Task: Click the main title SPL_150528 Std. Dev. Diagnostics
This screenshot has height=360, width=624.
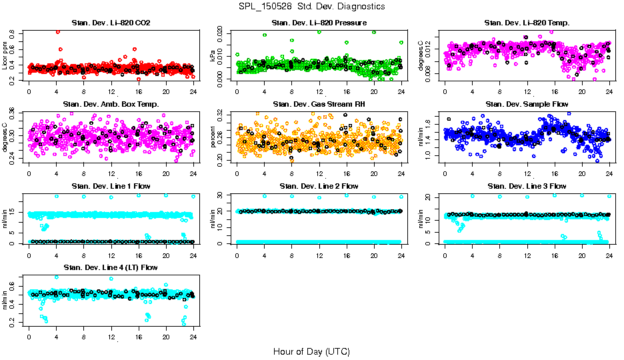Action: click(311, 7)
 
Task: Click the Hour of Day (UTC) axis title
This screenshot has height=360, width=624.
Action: click(311, 351)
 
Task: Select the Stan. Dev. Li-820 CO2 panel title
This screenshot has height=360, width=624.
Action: click(111, 23)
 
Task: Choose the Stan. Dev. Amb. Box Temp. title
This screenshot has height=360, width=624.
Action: click(111, 104)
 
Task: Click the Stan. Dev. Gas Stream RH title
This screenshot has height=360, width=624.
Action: click(319, 104)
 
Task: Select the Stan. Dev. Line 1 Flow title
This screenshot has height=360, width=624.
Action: click(111, 186)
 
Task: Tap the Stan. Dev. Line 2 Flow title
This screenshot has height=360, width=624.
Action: click(319, 186)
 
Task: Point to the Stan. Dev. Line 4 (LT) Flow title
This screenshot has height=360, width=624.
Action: click(111, 267)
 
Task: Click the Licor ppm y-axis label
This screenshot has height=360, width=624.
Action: click(5, 55)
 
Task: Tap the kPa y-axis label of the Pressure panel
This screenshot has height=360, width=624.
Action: click(213, 57)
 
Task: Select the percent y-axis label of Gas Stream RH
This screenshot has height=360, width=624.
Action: click(213, 137)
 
